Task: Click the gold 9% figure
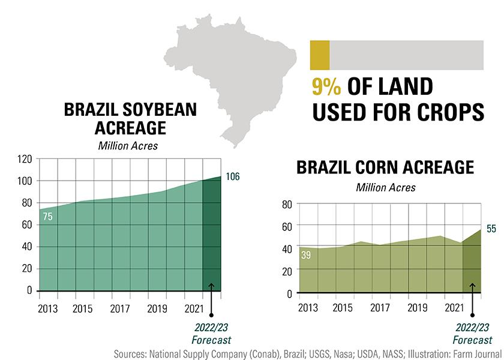click(x=326, y=87)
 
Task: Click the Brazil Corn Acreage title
click(x=385, y=167)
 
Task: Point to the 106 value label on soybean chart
click(x=234, y=177)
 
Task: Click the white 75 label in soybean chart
click(x=48, y=217)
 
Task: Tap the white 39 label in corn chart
click(x=307, y=255)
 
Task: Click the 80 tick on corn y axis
click(x=286, y=205)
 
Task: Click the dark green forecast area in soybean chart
click(x=212, y=240)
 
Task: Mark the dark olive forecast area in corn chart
click(x=472, y=267)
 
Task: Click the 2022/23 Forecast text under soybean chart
click(x=211, y=334)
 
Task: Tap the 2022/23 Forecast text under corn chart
click(x=472, y=334)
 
